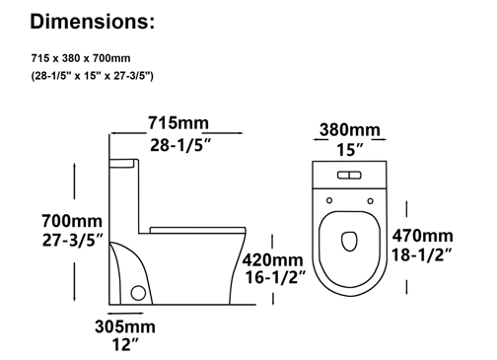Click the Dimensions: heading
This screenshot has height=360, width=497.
point(92,22)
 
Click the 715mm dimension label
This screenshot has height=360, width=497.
point(178,123)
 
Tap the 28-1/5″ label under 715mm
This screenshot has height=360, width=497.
point(180,145)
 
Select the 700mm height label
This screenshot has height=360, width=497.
point(72,221)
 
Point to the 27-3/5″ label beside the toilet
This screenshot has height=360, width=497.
point(73,241)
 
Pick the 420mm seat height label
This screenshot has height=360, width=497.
point(273,259)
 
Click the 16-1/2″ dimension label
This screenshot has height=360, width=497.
point(275,277)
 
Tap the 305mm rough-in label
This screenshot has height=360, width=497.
point(125,326)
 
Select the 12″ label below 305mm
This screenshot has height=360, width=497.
point(125,344)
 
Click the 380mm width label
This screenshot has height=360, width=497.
point(350,129)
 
